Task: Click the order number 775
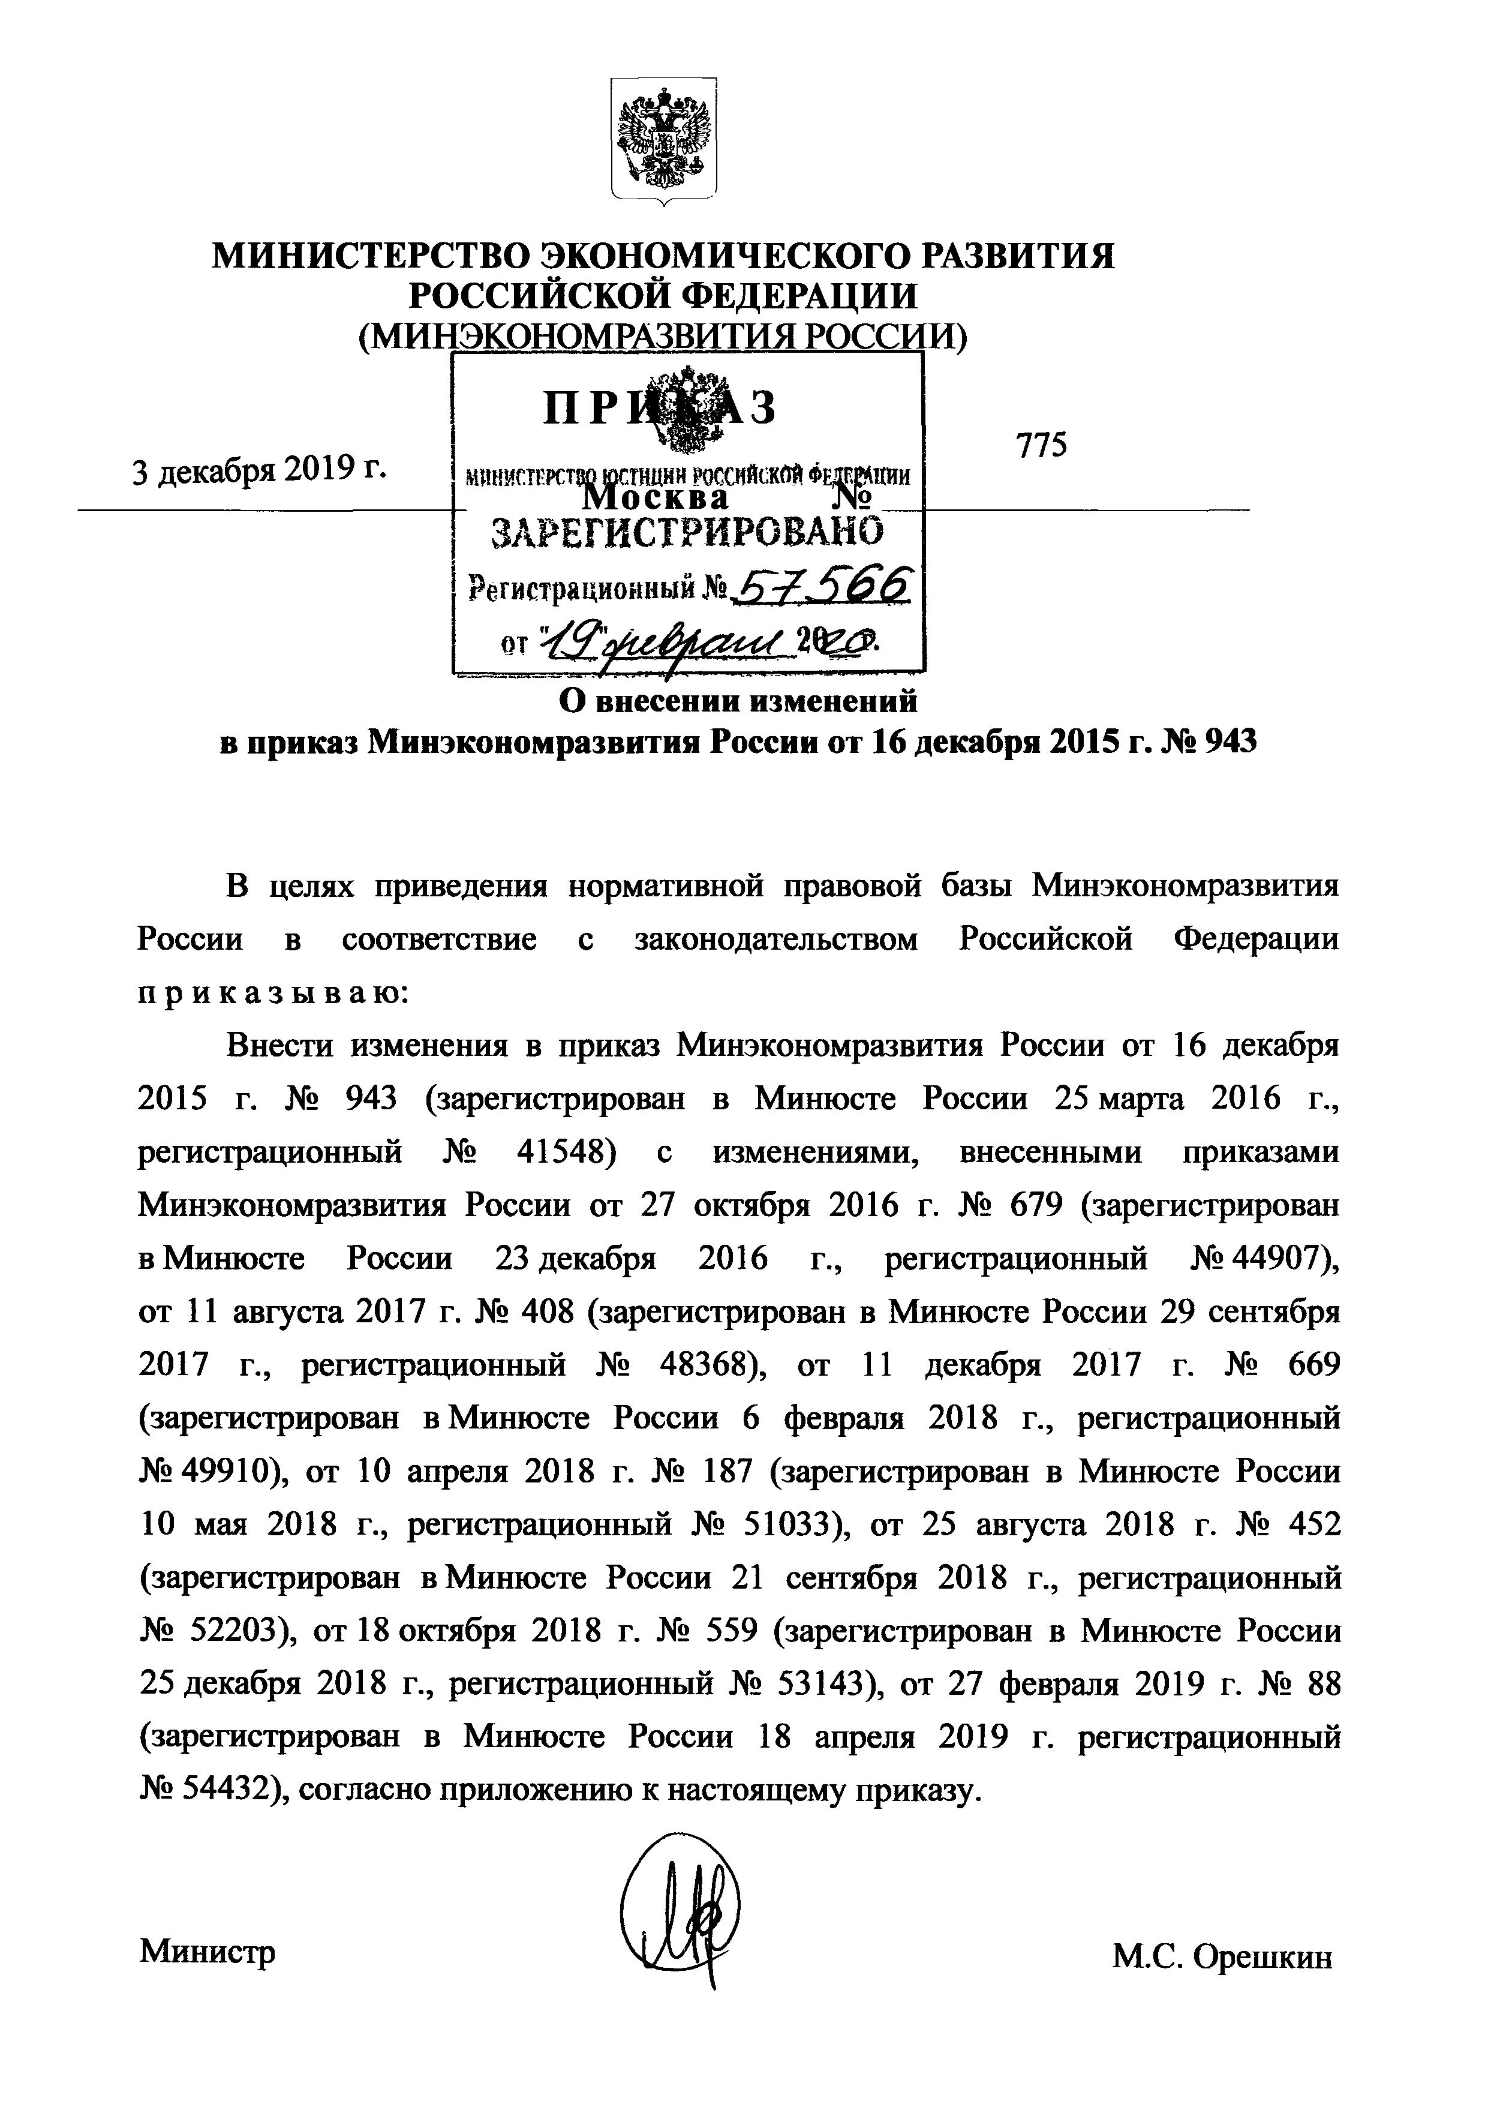click(1041, 446)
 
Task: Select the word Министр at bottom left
click(207, 1951)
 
